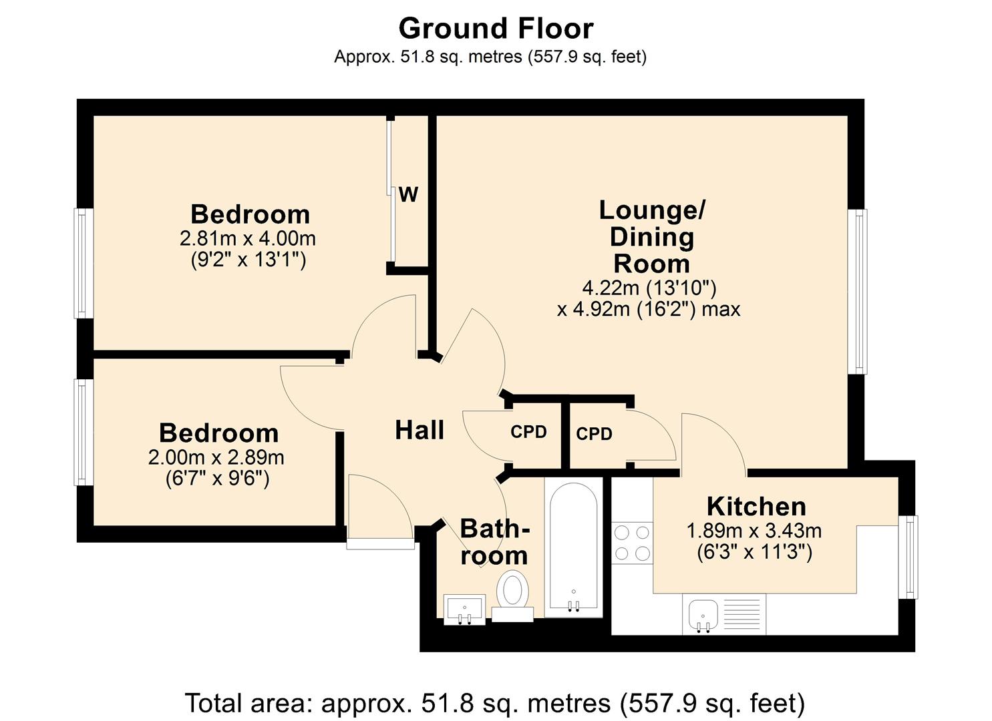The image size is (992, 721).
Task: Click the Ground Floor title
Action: pos(496,29)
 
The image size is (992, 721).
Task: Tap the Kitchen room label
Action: pos(756,507)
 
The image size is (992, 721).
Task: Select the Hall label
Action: pos(420,431)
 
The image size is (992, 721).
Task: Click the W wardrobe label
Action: pos(408,195)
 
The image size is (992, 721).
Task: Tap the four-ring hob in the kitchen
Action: pos(632,543)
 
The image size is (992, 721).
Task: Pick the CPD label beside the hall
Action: pos(528,432)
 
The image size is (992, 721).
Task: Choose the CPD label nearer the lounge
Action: pos(594,434)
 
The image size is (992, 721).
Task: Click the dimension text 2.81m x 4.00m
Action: pos(248,238)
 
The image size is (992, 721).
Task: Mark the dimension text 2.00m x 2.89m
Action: pos(216,457)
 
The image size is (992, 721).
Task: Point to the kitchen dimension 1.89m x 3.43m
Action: pos(754,531)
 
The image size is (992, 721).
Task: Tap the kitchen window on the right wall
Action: pos(908,556)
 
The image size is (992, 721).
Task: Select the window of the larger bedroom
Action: pos(84,263)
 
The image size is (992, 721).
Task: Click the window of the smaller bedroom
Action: pos(84,432)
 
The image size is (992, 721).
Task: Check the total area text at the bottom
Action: pos(495,703)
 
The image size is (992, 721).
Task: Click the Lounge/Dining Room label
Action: pos(651,237)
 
